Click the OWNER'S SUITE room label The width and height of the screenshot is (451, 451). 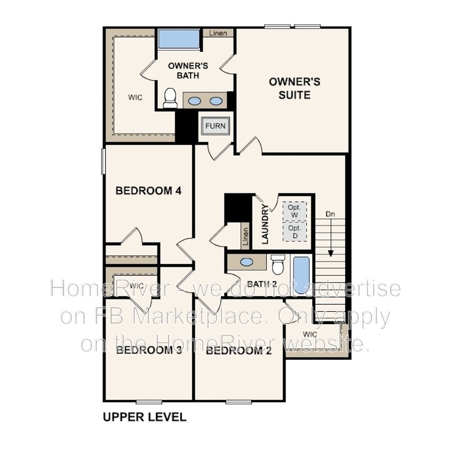coord(294,89)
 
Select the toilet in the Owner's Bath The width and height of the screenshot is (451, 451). coord(170,99)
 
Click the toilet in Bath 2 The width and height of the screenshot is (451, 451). coord(277,264)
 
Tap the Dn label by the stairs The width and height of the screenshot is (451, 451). coord(331,214)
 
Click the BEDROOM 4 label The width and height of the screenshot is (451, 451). coord(148,191)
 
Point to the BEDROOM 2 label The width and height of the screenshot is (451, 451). coord(238,351)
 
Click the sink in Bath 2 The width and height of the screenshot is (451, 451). coord(246,263)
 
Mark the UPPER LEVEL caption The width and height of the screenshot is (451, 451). coord(144,418)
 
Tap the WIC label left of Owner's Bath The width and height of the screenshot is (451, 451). coord(135,97)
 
